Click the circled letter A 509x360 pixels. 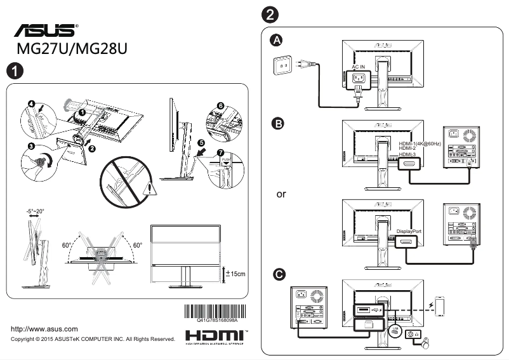point(277,41)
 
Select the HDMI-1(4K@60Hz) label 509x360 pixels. point(420,143)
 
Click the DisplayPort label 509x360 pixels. point(409,231)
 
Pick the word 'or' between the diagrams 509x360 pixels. point(281,194)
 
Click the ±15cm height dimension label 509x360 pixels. point(235,274)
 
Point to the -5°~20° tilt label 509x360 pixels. point(36,211)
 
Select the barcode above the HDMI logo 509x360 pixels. point(212,312)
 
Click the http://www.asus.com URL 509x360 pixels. point(45,329)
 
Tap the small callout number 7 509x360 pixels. point(220,153)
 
